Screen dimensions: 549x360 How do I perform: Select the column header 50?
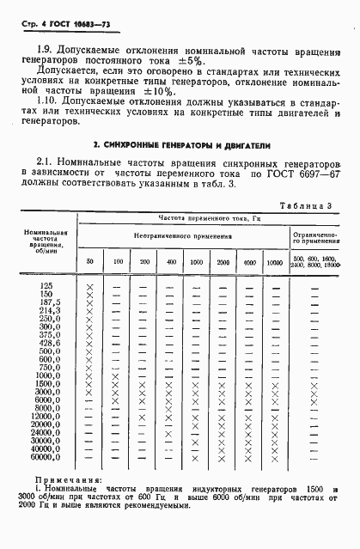[89, 260]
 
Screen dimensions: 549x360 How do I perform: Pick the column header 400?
[172, 260]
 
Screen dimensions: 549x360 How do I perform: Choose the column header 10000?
[274, 260]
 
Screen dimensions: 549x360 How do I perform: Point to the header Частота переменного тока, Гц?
[206, 219]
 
